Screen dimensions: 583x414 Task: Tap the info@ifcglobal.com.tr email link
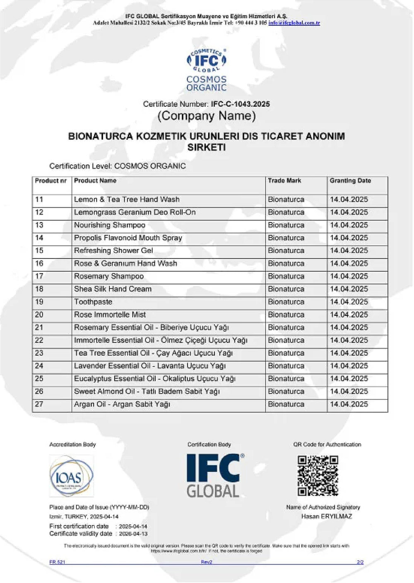(294, 23)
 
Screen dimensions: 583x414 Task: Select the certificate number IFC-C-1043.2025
(240, 104)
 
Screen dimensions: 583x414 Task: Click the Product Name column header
(95, 181)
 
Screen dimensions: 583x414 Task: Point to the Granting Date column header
(350, 181)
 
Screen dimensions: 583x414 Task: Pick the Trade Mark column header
(284, 181)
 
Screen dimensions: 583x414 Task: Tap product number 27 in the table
(39, 404)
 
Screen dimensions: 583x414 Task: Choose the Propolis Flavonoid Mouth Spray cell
(128, 238)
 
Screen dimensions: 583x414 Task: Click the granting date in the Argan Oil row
(349, 404)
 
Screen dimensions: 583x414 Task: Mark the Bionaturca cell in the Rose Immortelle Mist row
(286, 315)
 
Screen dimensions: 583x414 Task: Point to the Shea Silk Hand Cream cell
(113, 289)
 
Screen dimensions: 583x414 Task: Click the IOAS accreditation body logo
(71, 476)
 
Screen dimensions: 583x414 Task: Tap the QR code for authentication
(318, 475)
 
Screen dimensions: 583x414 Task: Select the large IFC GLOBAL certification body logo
(214, 475)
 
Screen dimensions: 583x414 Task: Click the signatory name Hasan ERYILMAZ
(327, 516)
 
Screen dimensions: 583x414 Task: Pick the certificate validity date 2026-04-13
(133, 534)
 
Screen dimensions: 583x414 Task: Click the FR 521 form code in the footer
(57, 562)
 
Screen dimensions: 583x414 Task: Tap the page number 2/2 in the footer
(360, 562)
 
